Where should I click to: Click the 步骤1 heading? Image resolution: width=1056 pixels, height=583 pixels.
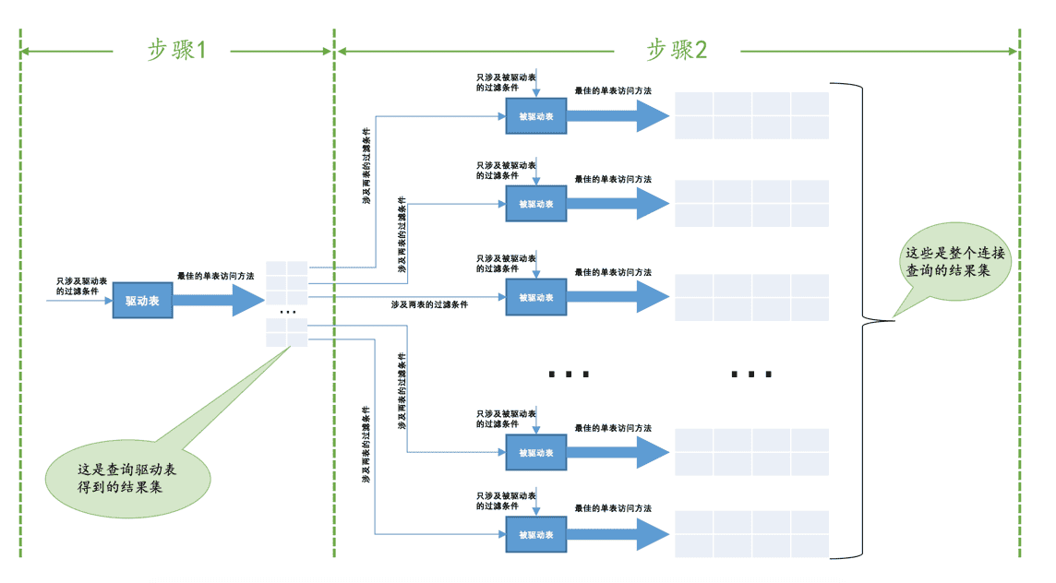[176, 50]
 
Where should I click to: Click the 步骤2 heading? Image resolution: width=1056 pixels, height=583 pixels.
[677, 50]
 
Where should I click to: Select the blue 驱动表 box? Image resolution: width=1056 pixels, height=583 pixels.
[142, 300]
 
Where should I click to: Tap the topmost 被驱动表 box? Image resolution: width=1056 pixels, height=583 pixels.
[536, 116]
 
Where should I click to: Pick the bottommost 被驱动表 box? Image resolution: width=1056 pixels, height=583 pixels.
[536, 535]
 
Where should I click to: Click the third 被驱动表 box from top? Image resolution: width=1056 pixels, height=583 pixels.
[536, 298]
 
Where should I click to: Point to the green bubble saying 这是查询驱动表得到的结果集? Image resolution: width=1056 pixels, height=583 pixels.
[128, 479]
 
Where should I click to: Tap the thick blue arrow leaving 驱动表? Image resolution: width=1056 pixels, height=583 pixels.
[219, 300]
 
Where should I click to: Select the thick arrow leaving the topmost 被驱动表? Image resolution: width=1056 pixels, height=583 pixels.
[618, 116]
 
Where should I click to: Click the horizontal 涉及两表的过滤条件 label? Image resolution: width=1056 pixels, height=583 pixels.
[429, 305]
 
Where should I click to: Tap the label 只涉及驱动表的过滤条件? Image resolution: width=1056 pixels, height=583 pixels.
[81, 286]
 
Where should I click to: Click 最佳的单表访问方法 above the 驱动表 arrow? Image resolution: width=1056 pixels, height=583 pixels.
[215, 276]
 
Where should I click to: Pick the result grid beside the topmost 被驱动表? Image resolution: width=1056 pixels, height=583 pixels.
[751, 116]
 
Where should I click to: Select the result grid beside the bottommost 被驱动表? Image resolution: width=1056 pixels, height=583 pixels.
[751, 534]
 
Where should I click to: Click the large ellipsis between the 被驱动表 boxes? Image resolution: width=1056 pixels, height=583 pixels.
[570, 375]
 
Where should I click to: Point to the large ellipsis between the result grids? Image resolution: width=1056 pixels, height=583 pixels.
[751, 375]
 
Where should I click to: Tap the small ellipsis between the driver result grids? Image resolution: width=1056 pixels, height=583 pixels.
[288, 313]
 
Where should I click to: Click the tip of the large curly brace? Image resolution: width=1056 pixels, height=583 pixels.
[894, 320]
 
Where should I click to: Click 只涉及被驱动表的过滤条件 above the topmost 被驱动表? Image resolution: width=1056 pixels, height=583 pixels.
[506, 83]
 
